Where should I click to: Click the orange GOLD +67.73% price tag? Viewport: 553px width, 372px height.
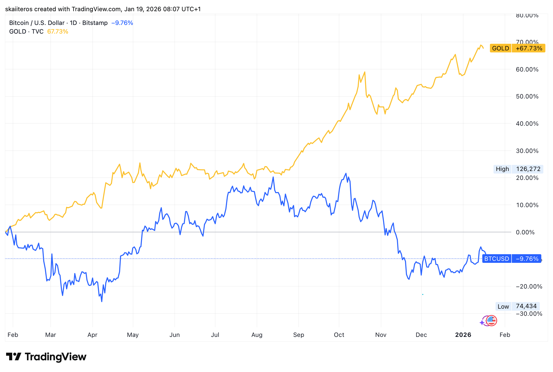point(517,48)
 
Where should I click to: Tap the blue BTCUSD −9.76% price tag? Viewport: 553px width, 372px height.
point(512,259)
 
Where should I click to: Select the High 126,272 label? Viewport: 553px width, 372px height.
point(518,169)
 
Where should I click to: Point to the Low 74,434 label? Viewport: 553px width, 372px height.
point(517,306)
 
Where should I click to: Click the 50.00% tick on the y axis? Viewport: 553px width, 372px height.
point(527,96)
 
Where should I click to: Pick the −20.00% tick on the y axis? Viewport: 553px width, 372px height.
point(529,287)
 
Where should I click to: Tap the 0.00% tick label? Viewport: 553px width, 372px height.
point(525,232)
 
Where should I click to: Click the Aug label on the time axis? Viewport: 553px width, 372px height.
point(257,335)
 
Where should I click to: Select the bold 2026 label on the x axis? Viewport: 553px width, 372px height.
point(463,335)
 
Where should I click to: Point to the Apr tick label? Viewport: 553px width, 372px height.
point(92,335)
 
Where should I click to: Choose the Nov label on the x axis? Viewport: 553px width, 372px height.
point(381,335)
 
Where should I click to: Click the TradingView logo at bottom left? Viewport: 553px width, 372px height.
point(46,357)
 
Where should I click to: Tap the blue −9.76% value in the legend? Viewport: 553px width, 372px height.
point(122,23)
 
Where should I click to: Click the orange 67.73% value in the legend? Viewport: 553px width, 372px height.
point(58,32)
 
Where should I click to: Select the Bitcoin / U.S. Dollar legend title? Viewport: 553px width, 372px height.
point(37,23)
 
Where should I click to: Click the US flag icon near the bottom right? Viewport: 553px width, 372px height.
point(491,321)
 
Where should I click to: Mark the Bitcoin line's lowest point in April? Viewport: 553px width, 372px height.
point(102,302)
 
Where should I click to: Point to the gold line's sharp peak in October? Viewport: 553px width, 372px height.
point(365,72)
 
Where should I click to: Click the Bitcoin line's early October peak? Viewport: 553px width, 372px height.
point(346,174)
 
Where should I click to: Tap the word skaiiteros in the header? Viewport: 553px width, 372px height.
point(19,9)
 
